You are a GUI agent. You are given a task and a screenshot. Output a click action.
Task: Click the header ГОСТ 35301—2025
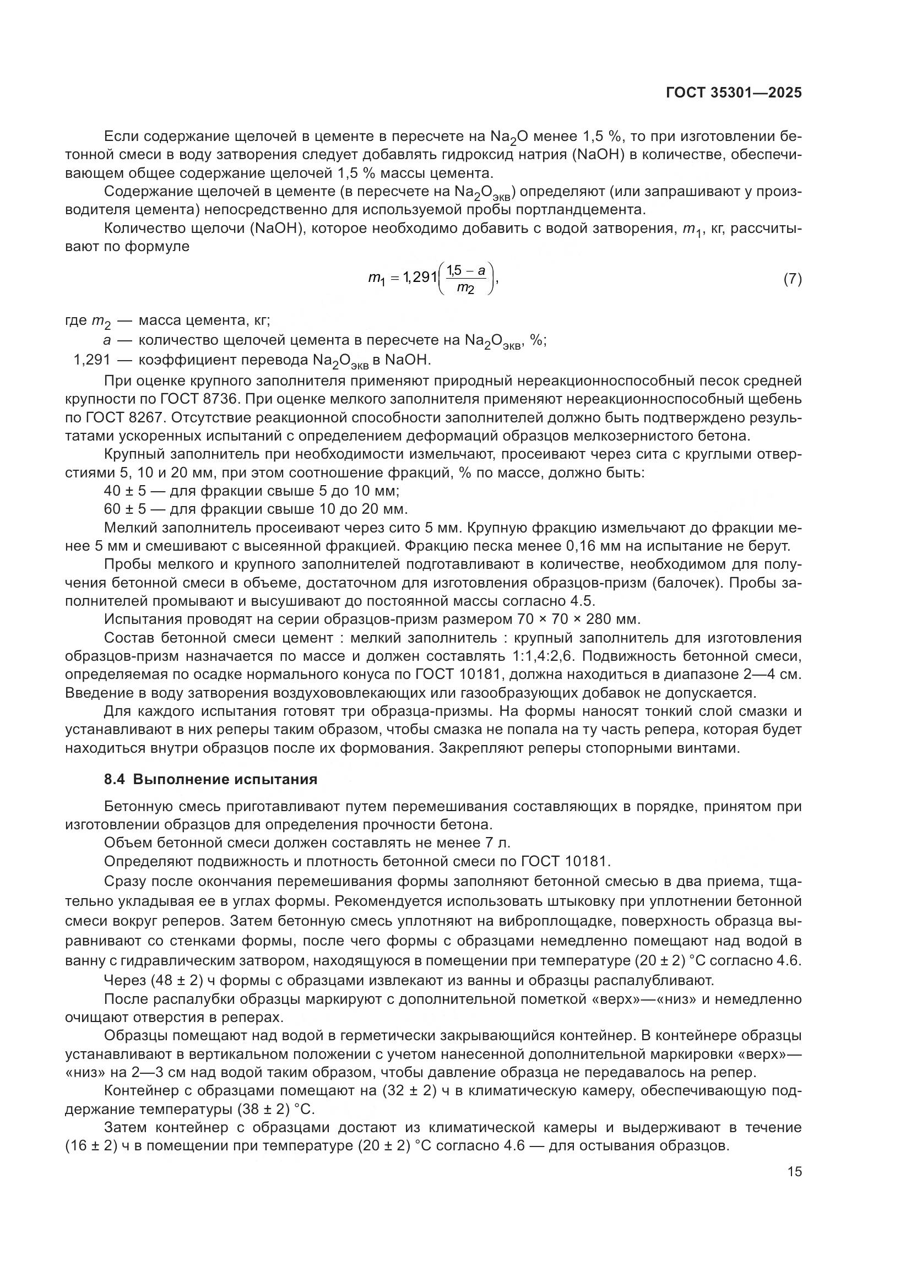point(734,93)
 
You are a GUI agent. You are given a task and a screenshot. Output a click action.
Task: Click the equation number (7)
point(792,279)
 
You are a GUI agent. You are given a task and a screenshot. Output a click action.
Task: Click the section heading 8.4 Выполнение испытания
point(211,779)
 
